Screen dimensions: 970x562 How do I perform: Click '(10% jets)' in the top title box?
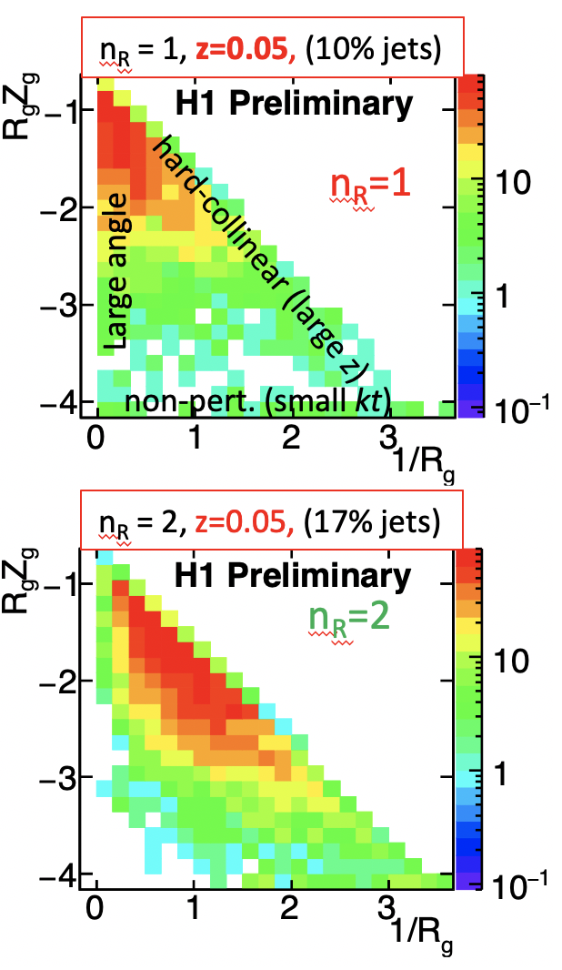click(376, 49)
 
